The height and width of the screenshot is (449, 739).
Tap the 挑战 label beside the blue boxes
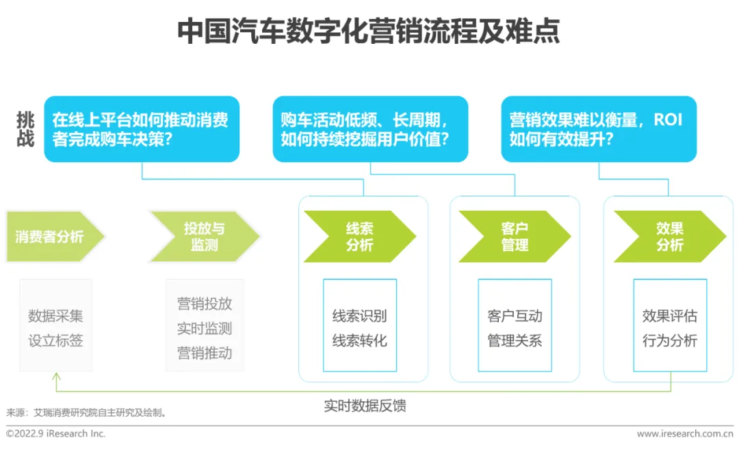[25, 129]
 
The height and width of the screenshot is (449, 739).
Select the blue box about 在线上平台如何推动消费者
[142, 129]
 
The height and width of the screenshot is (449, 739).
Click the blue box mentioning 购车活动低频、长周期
[370, 129]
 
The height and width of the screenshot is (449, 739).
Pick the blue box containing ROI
[599, 129]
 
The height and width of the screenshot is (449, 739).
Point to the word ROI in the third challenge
[667, 120]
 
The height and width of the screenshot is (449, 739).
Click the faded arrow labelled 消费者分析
[52, 237]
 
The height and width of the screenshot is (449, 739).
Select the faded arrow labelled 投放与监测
[203, 237]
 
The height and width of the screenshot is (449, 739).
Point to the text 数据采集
[55, 316]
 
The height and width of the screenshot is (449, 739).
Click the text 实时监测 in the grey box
[205, 329]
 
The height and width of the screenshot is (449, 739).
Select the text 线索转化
[359, 340]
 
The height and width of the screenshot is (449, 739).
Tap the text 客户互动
[515, 316]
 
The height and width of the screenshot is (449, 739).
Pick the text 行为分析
[669, 340]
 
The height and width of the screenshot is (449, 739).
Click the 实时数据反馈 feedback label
[365, 406]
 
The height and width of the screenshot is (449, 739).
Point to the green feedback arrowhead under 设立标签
[56, 376]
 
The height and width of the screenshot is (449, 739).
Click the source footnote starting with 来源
[87, 413]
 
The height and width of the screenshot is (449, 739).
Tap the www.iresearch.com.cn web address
[684, 434]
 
